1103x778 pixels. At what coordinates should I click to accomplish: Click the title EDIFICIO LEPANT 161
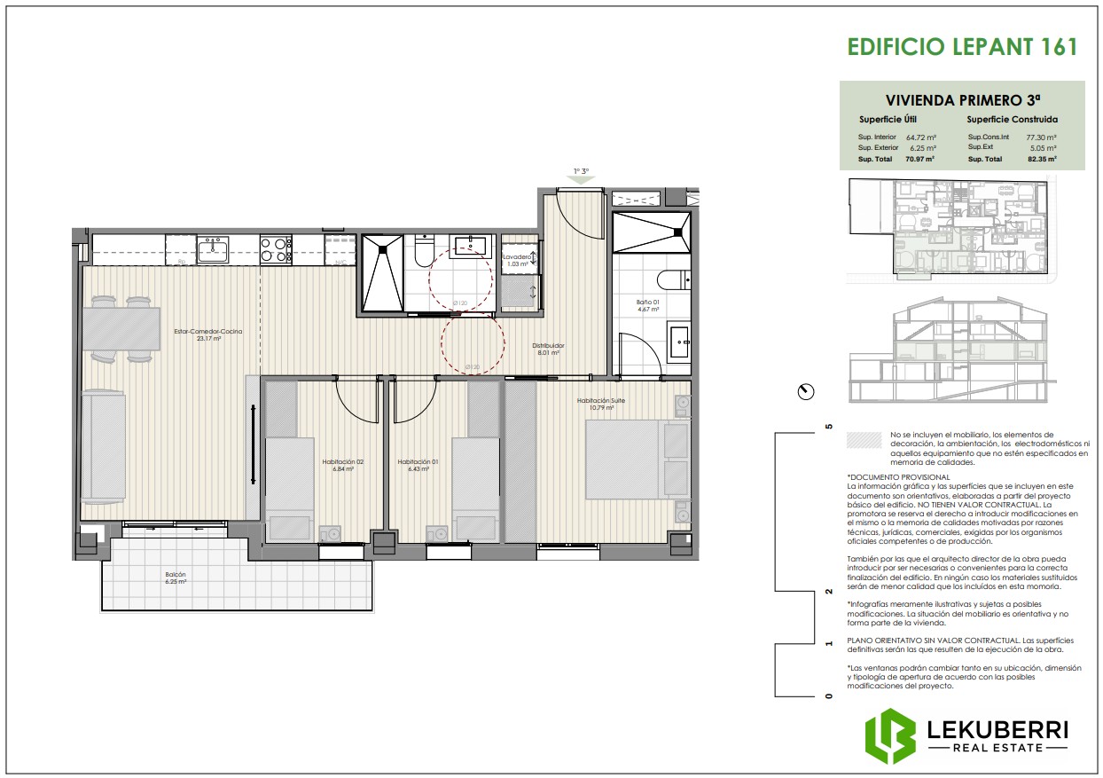(962, 47)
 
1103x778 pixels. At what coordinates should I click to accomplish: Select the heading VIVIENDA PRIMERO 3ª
(962, 99)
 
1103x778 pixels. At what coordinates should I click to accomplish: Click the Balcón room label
(175, 578)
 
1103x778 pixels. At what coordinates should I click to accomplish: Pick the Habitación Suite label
(601, 401)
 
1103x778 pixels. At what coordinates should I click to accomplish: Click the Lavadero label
(518, 258)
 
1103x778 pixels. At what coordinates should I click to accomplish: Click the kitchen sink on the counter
(213, 249)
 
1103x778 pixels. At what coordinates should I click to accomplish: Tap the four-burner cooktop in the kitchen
(275, 249)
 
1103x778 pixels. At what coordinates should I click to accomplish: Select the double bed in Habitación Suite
(637, 460)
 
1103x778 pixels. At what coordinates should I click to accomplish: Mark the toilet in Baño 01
(676, 279)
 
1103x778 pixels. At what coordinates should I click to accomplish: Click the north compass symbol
(806, 391)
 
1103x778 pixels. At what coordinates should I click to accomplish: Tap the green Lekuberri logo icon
(890, 736)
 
